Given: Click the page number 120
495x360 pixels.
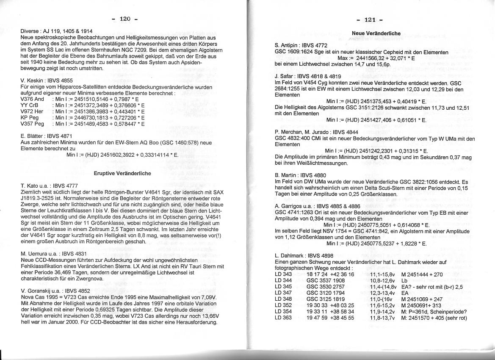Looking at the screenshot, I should tap(125, 19).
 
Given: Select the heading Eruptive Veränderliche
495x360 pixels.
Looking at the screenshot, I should tap(122, 173).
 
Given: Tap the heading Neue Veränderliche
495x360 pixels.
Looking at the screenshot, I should tap(376, 33).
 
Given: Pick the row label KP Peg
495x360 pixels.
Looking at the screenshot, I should tap(30, 117).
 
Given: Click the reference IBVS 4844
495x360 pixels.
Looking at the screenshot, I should tap(342, 132).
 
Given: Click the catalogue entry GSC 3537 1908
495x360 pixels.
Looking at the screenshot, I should tap(326, 280).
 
